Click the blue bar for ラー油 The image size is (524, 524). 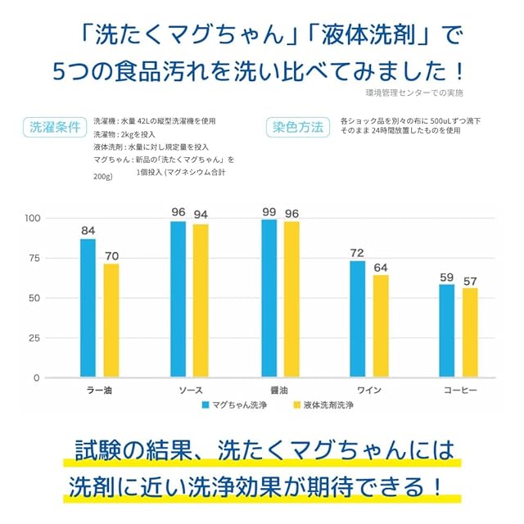click(x=88, y=308)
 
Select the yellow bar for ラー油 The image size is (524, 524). click(x=111, y=320)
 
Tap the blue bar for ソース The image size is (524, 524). click(x=178, y=299)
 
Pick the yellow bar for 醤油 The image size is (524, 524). click(x=291, y=300)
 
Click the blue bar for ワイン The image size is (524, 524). click(x=358, y=318)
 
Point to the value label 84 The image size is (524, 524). click(x=88, y=230)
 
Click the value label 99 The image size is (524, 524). click(x=269, y=212)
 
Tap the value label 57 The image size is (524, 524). click(x=470, y=281)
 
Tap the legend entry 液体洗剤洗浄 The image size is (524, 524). click(x=323, y=404)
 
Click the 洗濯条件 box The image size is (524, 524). click(x=56, y=128)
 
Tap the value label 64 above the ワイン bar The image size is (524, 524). click(x=381, y=267)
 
